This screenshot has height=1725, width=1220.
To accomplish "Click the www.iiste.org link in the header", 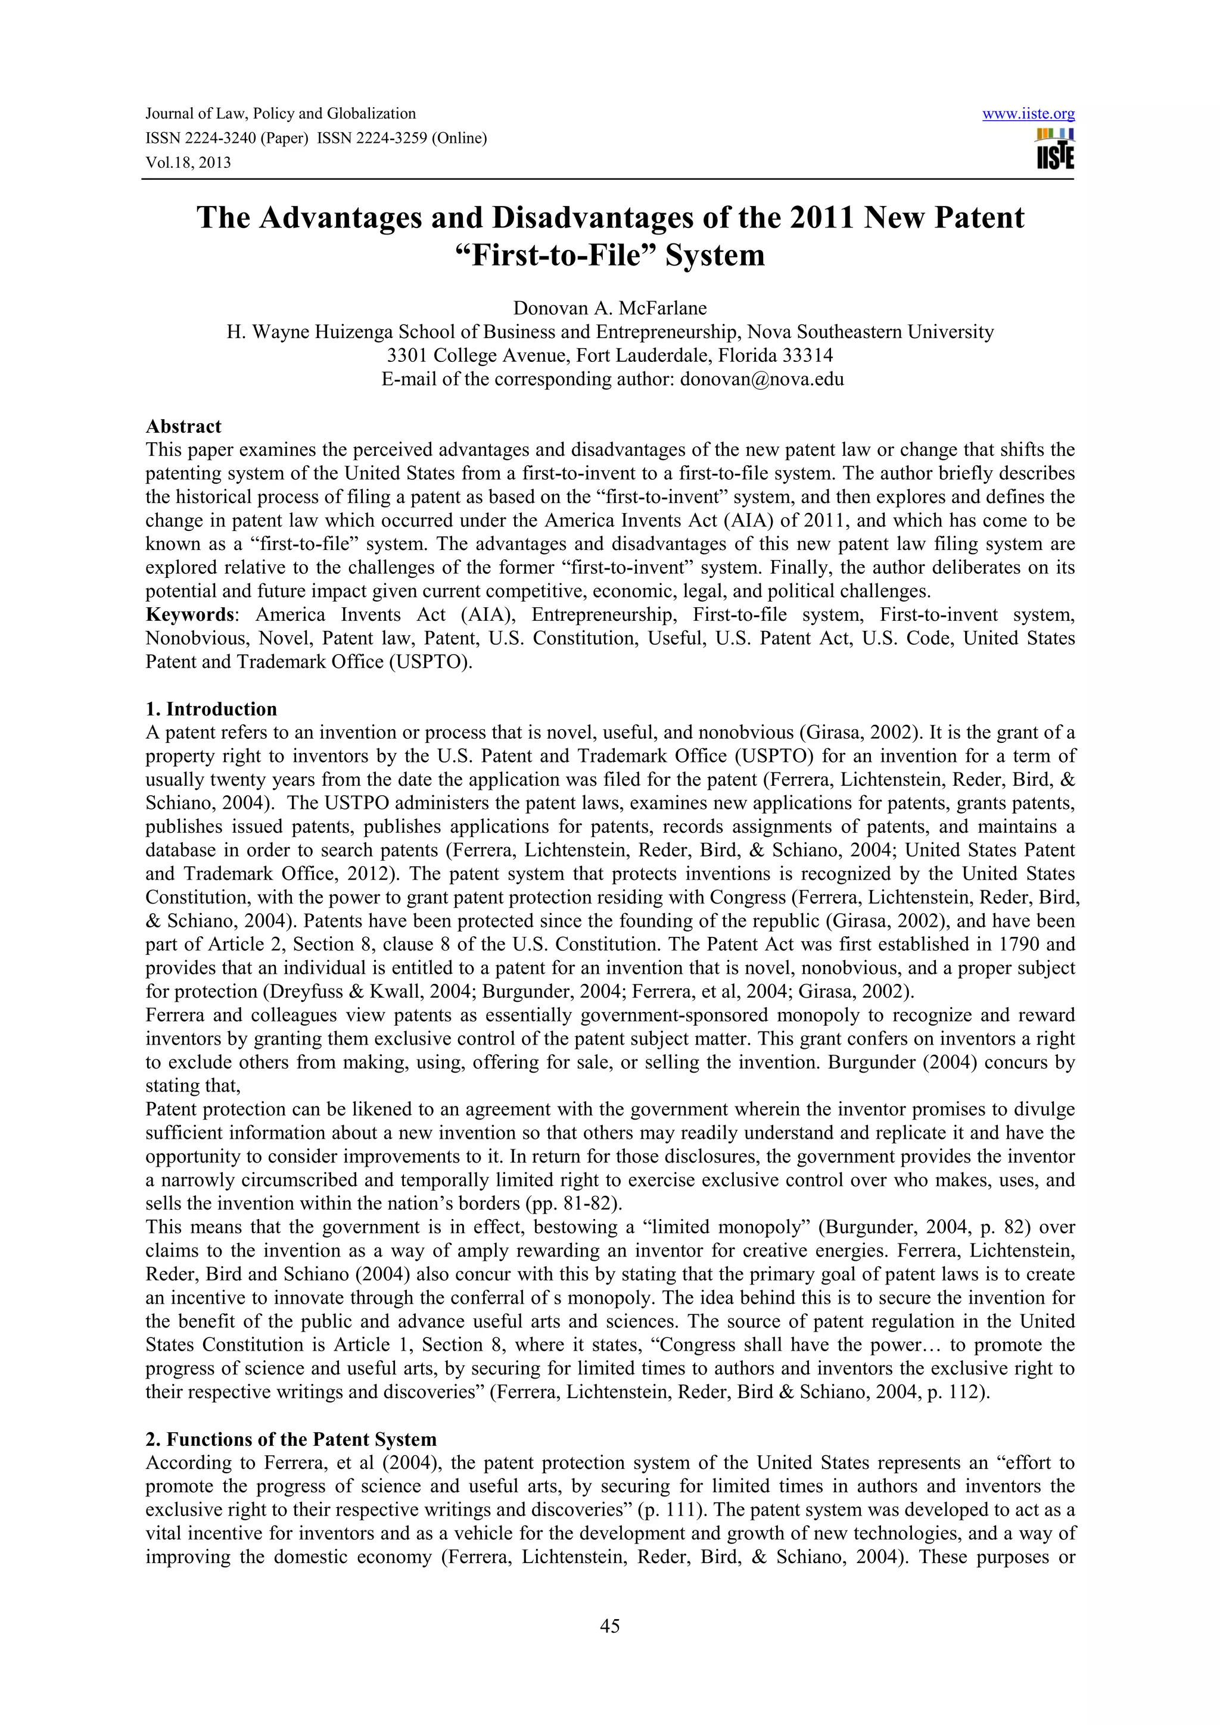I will [1028, 114].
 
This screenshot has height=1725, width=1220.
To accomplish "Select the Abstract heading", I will [183, 426].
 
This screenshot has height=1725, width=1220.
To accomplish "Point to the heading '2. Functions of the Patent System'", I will [291, 1439].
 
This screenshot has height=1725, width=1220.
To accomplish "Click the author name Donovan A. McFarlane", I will [609, 308].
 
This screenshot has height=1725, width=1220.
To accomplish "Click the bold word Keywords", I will [190, 614].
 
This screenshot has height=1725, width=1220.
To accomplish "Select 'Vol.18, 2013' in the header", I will [188, 162].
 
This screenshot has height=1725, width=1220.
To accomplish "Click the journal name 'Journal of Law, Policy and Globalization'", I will [281, 114].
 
